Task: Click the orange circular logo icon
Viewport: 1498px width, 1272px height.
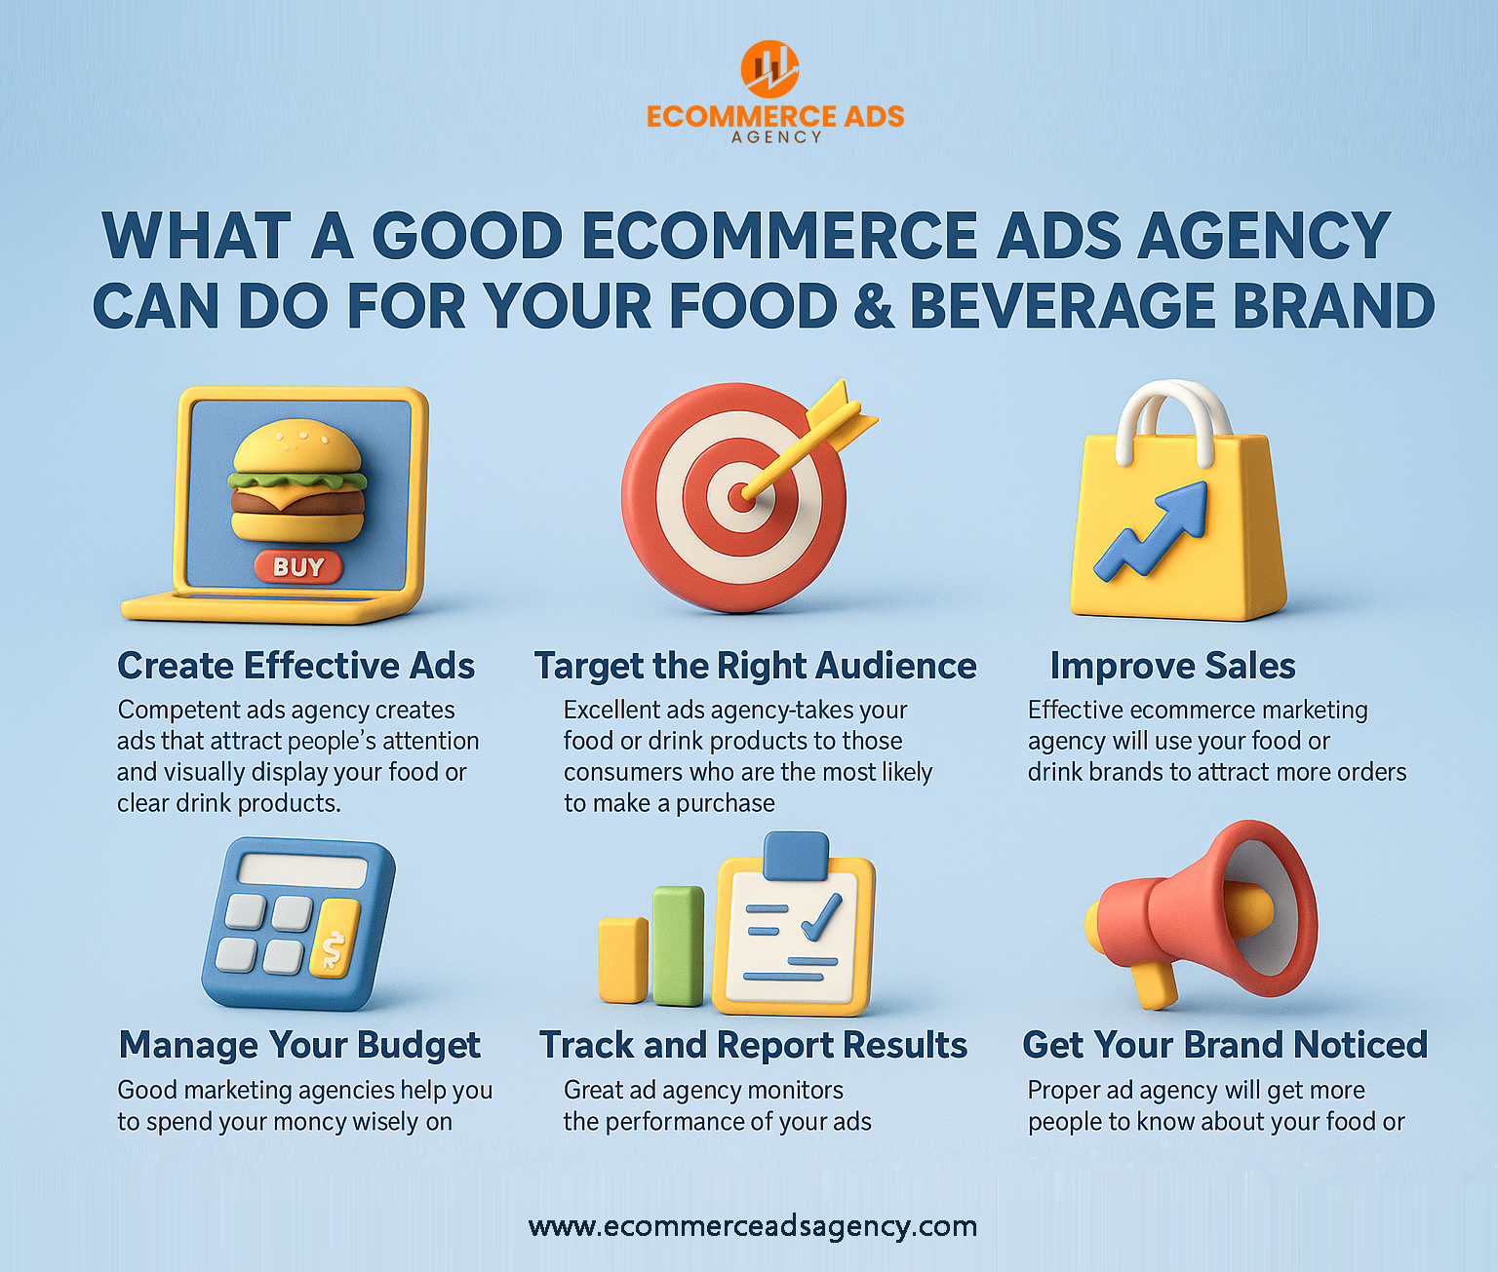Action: coord(769,69)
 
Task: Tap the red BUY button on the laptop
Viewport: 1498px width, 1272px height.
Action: coord(298,566)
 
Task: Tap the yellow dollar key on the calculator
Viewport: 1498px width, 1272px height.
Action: coord(335,938)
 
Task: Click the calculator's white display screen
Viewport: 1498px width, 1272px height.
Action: coord(303,870)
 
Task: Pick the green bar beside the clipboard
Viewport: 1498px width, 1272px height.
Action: coord(678,945)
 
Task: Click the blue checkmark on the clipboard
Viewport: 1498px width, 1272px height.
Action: coord(822,917)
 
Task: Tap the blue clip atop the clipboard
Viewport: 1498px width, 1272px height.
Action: coord(796,856)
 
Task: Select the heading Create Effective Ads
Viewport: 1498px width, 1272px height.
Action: coord(296,666)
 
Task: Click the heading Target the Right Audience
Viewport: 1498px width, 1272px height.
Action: coord(755,666)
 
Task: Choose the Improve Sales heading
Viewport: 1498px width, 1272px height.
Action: coord(1172,666)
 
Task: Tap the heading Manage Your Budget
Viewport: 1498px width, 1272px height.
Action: coord(299,1045)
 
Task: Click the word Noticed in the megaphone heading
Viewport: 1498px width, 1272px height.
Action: coord(1360,1045)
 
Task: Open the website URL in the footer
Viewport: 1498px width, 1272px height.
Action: coord(753,1226)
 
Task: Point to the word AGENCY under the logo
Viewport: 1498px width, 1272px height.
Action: coord(776,136)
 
